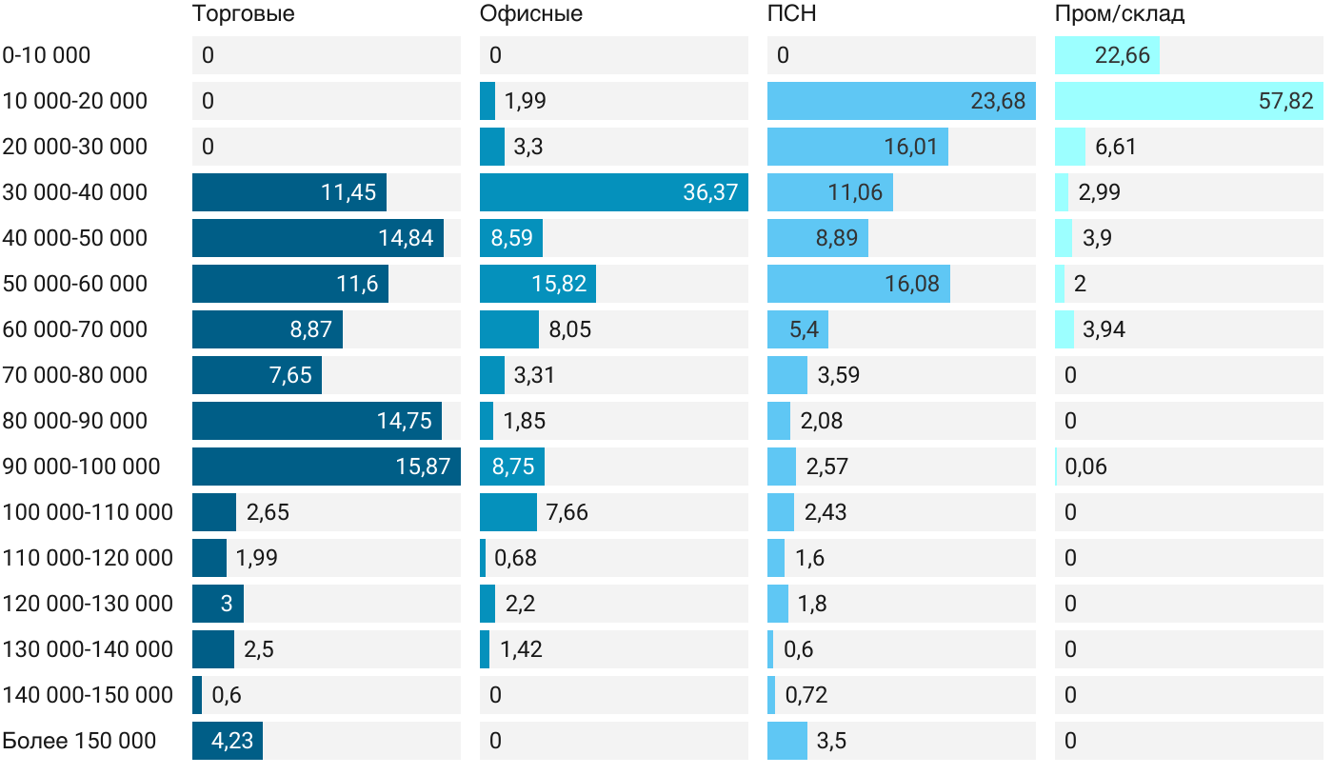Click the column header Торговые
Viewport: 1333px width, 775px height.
[x=243, y=13]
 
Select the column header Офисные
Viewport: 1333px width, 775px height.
[x=530, y=13]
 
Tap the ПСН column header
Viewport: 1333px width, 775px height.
[x=791, y=13]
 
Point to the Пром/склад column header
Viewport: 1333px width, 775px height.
[x=1119, y=13]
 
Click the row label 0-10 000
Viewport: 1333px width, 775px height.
[x=47, y=55]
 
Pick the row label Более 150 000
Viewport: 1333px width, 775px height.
[x=79, y=741]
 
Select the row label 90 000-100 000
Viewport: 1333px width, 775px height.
[x=81, y=467]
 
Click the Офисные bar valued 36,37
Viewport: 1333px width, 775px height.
[x=613, y=192]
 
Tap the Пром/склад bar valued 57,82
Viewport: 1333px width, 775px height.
[x=1188, y=101]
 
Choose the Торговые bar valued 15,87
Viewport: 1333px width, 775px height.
[x=326, y=467]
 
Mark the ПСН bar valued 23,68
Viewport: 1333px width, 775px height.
[x=901, y=101]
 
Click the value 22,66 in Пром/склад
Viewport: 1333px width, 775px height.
[x=1123, y=55]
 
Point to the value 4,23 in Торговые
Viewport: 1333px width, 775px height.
[x=232, y=741]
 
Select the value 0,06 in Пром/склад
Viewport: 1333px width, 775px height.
[x=1085, y=467]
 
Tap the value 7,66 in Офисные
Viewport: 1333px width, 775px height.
[x=567, y=512]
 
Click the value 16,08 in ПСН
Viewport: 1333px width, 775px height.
[x=912, y=284]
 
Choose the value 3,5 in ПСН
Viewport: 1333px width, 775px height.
[x=831, y=741]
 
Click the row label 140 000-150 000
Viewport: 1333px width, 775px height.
[x=88, y=695]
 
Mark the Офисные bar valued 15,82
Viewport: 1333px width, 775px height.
[x=538, y=284]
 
